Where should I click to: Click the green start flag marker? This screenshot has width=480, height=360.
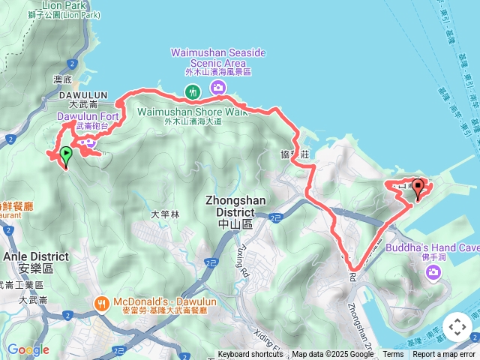click(66, 155)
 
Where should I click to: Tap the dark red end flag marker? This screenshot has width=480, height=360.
click(418, 189)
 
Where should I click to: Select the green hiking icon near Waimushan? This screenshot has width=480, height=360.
click(193, 91)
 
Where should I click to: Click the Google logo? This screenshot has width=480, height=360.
click(28, 350)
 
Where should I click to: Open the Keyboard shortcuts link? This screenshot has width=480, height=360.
click(250, 355)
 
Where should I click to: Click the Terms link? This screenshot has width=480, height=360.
click(393, 355)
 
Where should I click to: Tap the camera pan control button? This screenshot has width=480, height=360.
click(457, 327)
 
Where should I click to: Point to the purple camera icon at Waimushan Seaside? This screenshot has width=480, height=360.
click(218, 88)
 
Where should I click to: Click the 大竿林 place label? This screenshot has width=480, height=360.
click(165, 214)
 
